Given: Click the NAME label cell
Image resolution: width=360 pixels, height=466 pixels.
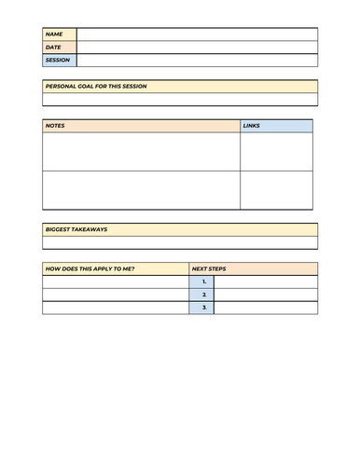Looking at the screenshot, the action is (59, 34).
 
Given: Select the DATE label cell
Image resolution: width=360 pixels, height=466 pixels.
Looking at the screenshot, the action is (59, 48).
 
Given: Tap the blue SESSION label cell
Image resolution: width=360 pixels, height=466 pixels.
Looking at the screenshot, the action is (59, 61).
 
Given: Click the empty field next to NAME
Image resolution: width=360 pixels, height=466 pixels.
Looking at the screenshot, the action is (197, 34).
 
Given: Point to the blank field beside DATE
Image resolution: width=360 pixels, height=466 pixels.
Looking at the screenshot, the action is (197, 48).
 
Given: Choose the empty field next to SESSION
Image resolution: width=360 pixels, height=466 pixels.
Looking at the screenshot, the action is (197, 61).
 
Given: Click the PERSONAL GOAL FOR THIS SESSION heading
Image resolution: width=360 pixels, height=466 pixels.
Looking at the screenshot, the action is (180, 87).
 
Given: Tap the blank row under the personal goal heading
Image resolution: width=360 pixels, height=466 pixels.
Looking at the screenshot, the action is (180, 100).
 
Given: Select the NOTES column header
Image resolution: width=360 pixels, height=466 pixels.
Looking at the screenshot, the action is (141, 126).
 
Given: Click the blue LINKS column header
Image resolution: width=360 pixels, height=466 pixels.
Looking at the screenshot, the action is (276, 126).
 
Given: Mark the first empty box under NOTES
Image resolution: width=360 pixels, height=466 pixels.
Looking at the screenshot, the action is (141, 152).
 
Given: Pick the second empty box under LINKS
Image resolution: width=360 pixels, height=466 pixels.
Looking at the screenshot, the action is (276, 190).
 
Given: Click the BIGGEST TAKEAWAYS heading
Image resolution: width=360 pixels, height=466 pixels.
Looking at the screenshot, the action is (180, 229).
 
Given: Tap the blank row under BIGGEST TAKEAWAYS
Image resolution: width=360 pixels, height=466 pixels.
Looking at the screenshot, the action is (180, 242).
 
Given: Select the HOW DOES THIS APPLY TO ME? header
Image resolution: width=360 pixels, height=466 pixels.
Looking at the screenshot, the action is (115, 268).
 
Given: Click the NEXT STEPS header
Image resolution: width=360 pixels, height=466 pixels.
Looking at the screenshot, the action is (253, 268).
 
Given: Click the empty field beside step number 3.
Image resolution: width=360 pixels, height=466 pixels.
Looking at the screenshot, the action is (266, 308).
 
